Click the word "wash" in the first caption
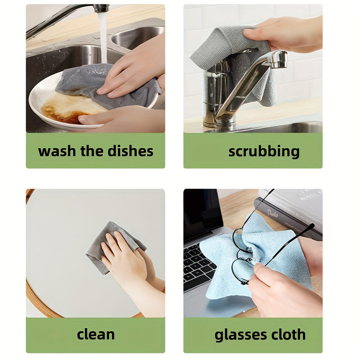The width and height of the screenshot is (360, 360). [57, 151]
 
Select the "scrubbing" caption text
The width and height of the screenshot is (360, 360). [264, 151]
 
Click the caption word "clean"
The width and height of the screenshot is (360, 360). [95, 334]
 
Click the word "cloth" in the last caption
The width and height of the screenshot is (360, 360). [288, 334]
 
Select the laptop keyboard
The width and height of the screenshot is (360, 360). [198, 265]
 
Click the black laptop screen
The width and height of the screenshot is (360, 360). [201, 211]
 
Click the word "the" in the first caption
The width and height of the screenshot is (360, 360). [92, 151]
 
